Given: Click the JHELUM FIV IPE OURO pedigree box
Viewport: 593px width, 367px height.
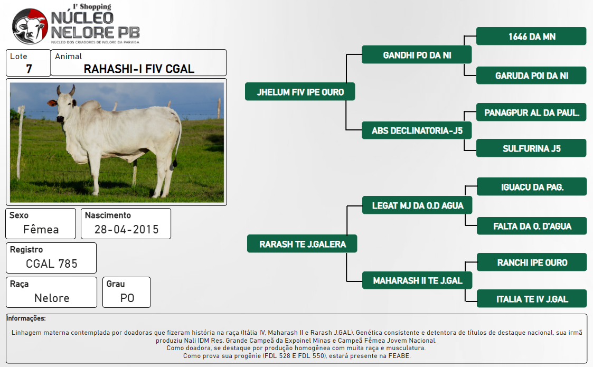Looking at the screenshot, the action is tap(300, 91).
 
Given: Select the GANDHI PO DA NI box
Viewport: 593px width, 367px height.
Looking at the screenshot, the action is tap(417, 55).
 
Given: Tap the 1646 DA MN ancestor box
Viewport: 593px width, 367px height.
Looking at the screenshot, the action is tap(531, 36).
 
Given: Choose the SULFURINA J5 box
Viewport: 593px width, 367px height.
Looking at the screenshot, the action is tap(531, 148).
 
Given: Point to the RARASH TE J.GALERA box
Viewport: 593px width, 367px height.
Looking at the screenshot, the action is tap(302, 243).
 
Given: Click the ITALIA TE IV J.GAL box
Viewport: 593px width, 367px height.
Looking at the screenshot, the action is tap(532, 298).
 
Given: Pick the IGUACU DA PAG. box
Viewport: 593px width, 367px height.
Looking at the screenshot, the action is tap(532, 186).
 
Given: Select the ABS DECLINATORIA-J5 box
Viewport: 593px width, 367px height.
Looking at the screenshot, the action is tap(417, 130).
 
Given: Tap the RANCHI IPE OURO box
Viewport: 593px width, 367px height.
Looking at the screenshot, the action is tap(532, 262).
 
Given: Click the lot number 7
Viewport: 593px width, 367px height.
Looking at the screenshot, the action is tap(29, 69).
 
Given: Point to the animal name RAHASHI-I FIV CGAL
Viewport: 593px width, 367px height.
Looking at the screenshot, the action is tap(139, 69).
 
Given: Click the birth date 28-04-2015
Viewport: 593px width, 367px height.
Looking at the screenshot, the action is tap(126, 229).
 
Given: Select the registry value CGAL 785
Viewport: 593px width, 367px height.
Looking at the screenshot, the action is tap(51, 264).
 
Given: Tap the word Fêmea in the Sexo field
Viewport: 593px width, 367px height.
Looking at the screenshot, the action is tap(41, 229).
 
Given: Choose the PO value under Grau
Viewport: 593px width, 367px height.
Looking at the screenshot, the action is tap(127, 298).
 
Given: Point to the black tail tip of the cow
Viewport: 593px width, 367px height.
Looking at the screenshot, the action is tap(175, 164).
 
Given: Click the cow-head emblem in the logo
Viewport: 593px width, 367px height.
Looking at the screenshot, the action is tap(30, 26).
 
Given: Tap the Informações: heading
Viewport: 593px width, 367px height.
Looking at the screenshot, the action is tap(26, 318).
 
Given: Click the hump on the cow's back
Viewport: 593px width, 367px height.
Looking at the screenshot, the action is tap(91, 106).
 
